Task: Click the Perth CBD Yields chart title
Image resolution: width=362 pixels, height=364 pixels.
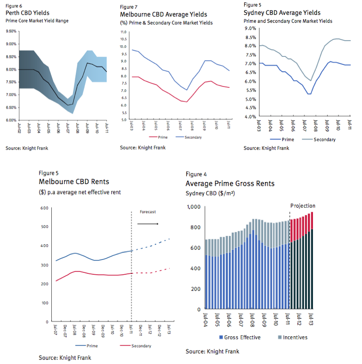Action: click(x=28, y=12)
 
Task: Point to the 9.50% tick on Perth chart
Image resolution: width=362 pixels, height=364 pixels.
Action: click(x=11, y=31)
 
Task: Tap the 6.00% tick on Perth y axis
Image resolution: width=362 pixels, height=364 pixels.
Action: click(x=11, y=120)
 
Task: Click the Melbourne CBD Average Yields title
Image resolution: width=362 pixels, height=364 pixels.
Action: click(x=163, y=15)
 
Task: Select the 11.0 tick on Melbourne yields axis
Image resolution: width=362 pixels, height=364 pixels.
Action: click(x=123, y=32)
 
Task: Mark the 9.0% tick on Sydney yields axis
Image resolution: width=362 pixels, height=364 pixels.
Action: click(x=250, y=28)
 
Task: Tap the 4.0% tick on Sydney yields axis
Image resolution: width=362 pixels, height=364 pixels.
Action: click(x=250, y=117)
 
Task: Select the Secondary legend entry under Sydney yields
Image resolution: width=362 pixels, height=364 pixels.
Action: click(x=325, y=139)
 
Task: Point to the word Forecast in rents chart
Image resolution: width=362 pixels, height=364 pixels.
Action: click(x=147, y=212)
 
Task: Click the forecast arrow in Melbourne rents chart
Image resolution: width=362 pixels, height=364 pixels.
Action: click(x=148, y=224)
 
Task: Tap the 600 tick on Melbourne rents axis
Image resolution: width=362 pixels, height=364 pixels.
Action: click(x=44, y=208)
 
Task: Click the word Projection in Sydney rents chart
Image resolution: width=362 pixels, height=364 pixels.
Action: click(x=303, y=206)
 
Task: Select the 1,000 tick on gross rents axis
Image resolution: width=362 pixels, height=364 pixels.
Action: click(x=193, y=207)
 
